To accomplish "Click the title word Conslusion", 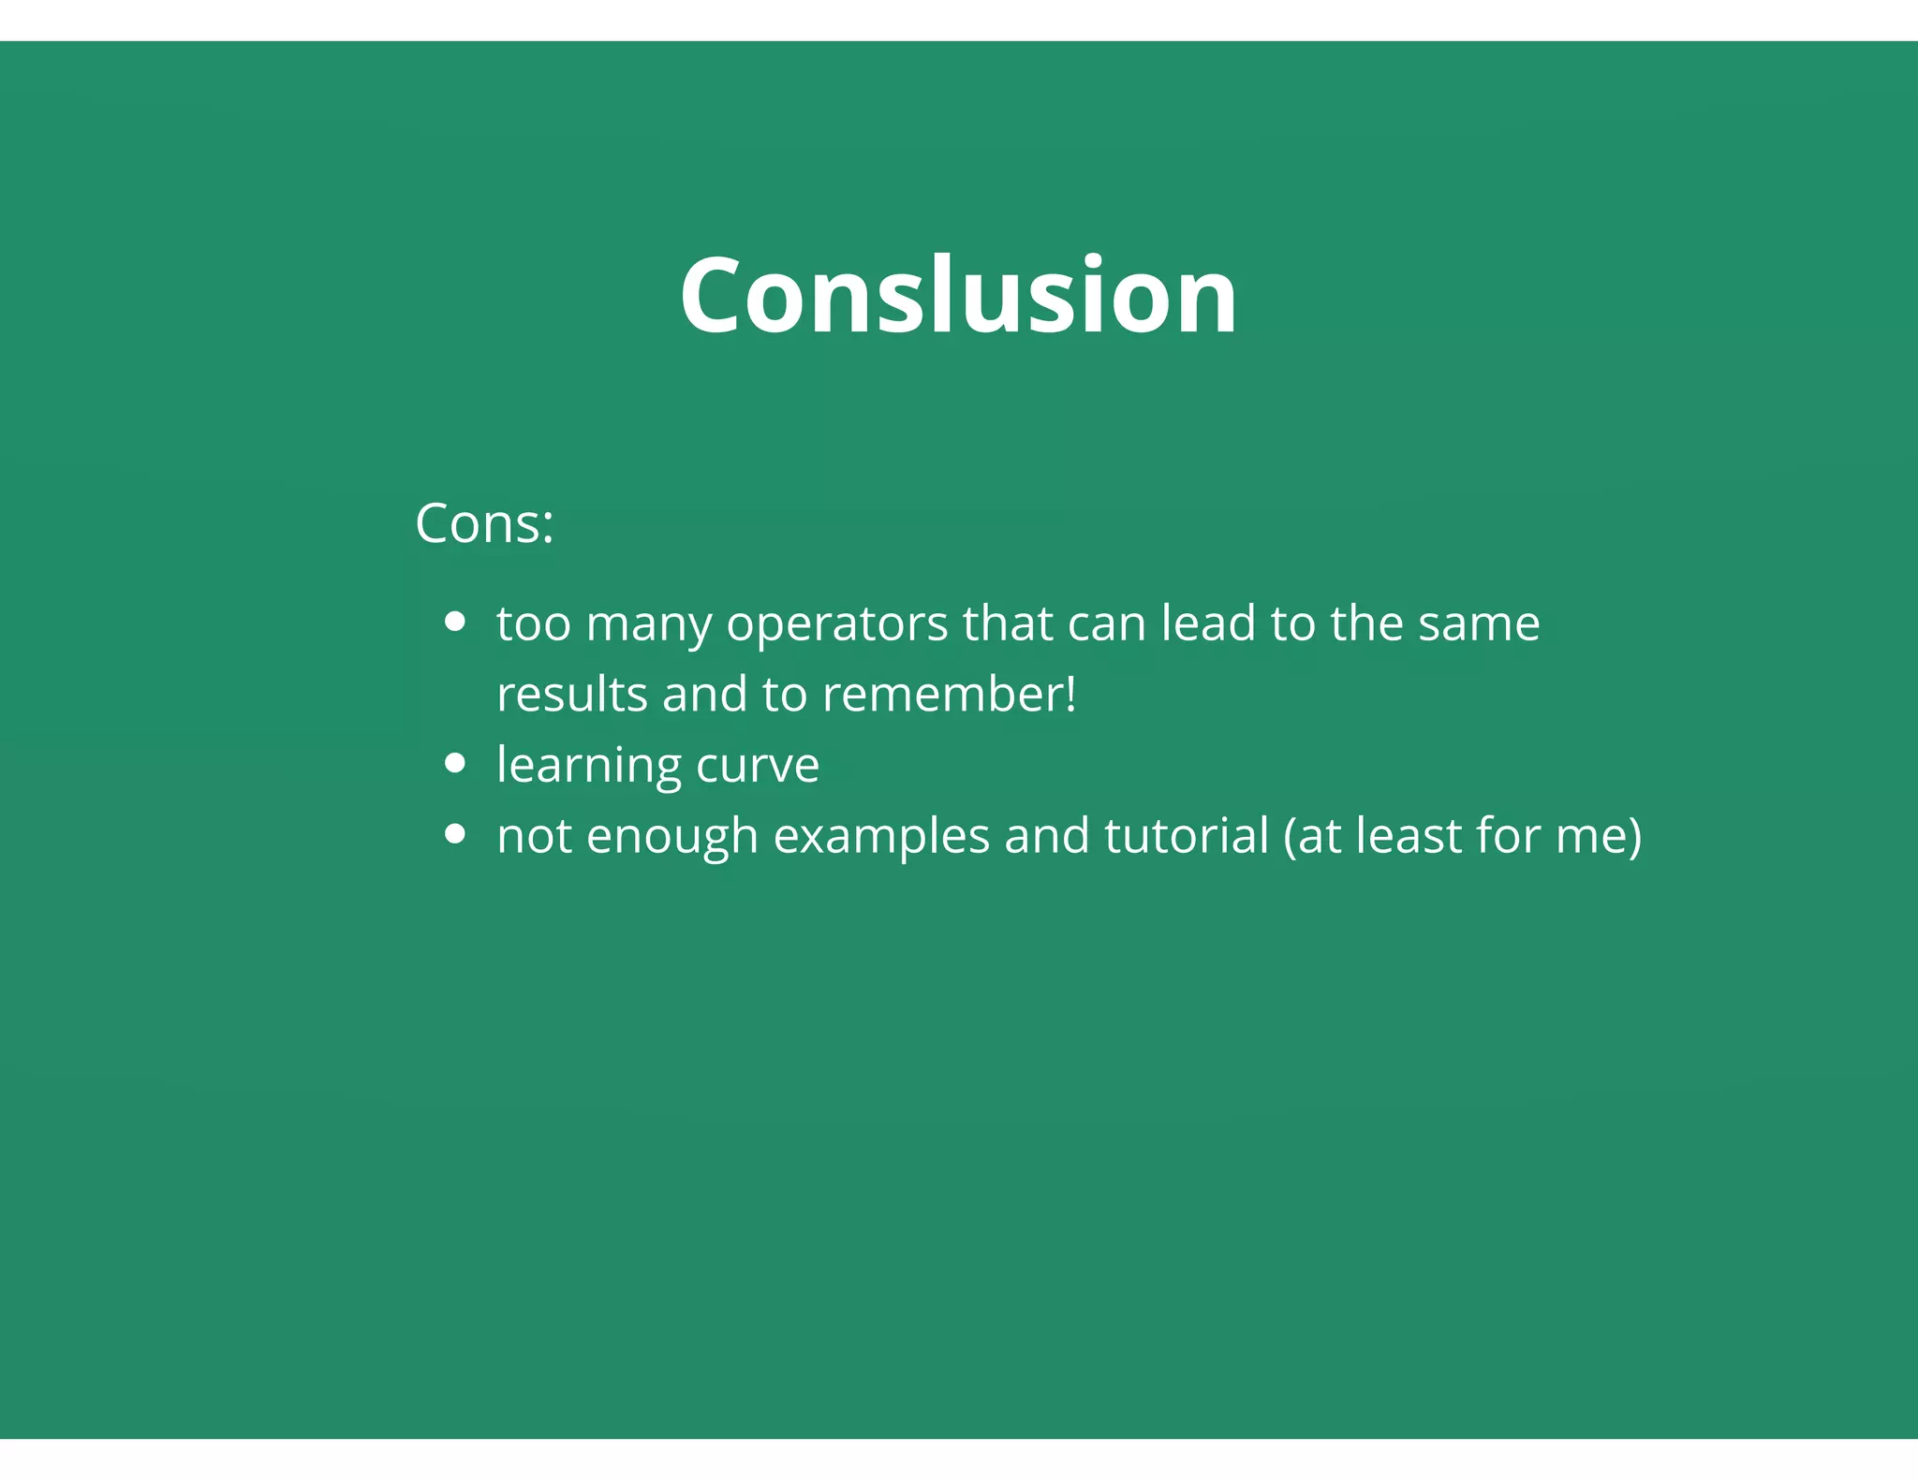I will pyautogui.click(x=958, y=295).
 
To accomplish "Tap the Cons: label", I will pyautogui.click(x=484, y=523).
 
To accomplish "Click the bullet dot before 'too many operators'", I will pyautogui.click(x=455, y=622).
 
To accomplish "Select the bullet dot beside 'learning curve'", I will pyautogui.click(x=455, y=763).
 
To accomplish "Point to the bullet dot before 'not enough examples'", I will pyautogui.click(x=455, y=833).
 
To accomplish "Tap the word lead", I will pyautogui.click(x=1208, y=623).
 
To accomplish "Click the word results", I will pyautogui.click(x=571, y=695).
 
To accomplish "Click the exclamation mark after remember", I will pyautogui.click(x=1070, y=695).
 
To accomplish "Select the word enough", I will pyautogui.click(x=671, y=837).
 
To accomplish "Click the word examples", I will pyautogui.click(x=881, y=837).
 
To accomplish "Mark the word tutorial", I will pyautogui.click(x=1187, y=835).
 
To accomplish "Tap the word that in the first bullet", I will pyautogui.click(x=1008, y=623).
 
